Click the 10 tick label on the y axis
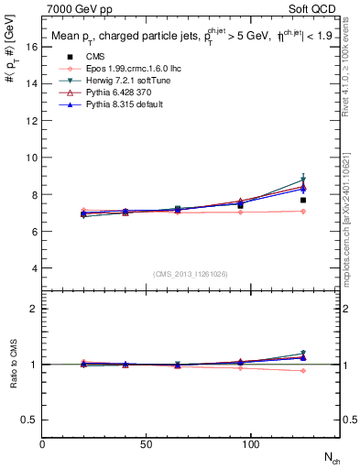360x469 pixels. [x=31, y=158]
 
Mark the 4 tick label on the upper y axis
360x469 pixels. [x=34, y=268]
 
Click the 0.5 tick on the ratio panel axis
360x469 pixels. [x=29, y=420]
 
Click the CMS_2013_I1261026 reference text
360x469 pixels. [x=191, y=273]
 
